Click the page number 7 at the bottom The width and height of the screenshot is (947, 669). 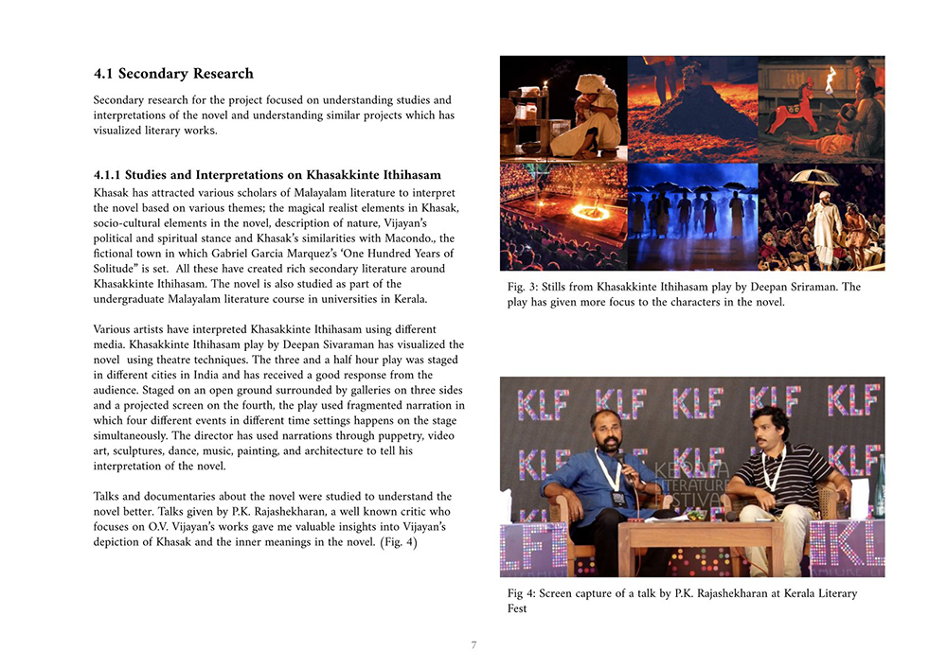coord(473,645)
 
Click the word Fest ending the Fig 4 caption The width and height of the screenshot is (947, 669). coord(517,608)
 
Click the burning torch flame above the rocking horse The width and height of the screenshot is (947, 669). coord(831,74)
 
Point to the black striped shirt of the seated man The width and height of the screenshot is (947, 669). coord(778,467)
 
